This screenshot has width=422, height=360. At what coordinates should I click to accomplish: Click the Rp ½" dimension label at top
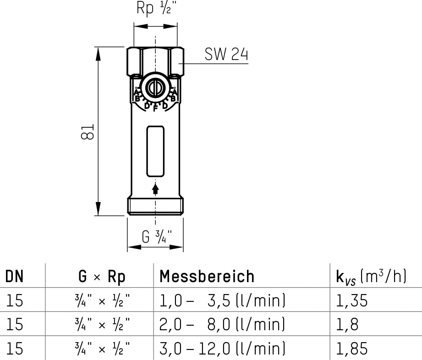click(x=156, y=8)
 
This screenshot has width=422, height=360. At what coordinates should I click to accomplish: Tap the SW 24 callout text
click(x=226, y=54)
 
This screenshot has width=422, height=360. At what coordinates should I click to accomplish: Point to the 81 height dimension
click(x=87, y=131)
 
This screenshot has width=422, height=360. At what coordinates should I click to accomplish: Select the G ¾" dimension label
click(x=157, y=237)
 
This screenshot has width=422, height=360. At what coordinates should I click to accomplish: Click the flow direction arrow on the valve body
click(x=155, y=189)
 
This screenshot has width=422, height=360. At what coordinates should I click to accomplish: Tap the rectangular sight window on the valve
click(x=155, y=151)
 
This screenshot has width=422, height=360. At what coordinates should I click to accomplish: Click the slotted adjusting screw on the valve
click(x=155, y=87)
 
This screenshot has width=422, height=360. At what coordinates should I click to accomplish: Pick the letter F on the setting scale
click(x=155, y=109)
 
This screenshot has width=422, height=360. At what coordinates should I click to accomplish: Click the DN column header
click(x=15, y=276)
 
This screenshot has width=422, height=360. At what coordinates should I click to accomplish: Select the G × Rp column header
click(x=102, y=276)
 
